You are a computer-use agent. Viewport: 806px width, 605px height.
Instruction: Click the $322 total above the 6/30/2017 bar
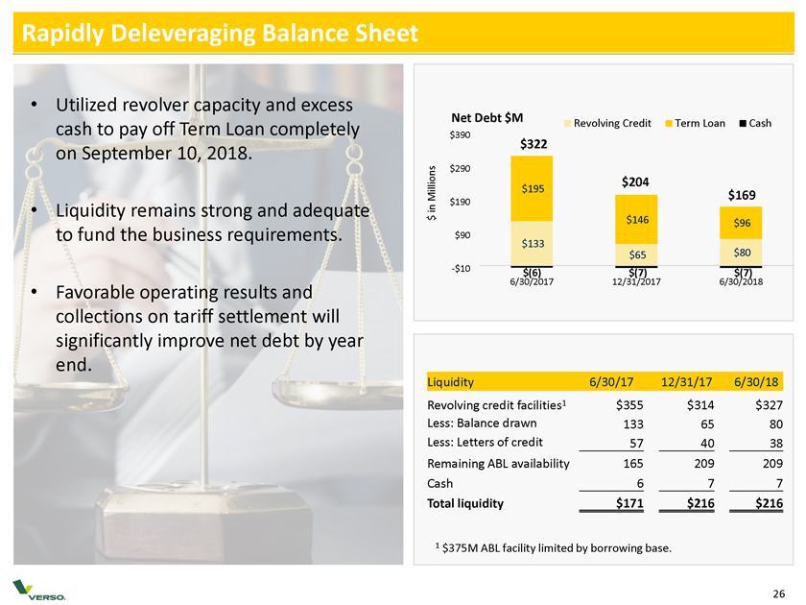click(533, 144)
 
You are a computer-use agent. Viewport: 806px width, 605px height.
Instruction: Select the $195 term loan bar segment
click(533, 188)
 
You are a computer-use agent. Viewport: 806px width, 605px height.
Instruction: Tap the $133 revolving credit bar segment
click(533, 243)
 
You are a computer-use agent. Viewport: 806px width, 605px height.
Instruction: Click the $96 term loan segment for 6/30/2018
click(741, 223)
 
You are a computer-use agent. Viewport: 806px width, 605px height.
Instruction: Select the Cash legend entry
click(755, 123)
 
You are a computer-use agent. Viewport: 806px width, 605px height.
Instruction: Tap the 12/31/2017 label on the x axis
click(636, 281)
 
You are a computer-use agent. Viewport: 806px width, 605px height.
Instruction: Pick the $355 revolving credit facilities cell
click(628, 405)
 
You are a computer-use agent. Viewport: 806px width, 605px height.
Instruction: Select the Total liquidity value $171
click(628, 502)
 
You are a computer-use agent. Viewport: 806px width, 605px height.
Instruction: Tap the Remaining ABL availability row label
click(498, 463)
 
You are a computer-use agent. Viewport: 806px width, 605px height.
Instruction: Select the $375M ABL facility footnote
click(552, 548)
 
